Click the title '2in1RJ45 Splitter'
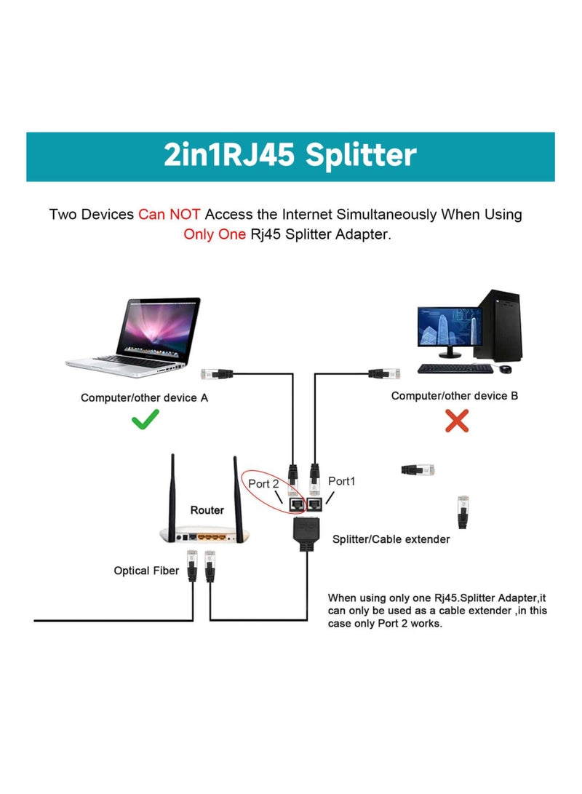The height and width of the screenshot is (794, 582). click(290, 156)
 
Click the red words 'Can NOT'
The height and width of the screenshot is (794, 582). click(170, 215)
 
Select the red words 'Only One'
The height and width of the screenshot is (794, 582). click(214, 235)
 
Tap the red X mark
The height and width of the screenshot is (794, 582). click(456, 420)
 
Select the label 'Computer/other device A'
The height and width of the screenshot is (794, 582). click(149, 397)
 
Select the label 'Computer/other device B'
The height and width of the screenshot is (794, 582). click(455, 396)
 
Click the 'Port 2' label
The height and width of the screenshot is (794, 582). click(264, 484)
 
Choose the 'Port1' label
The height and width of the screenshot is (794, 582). click(342, 481)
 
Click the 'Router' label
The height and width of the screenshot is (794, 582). click(207, 510)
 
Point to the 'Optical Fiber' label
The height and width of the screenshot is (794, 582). click(146, 571)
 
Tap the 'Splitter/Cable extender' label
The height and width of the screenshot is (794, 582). click(391, 539)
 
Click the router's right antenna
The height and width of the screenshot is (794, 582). click(236, 495)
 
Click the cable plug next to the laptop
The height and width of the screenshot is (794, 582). click(215, 375)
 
